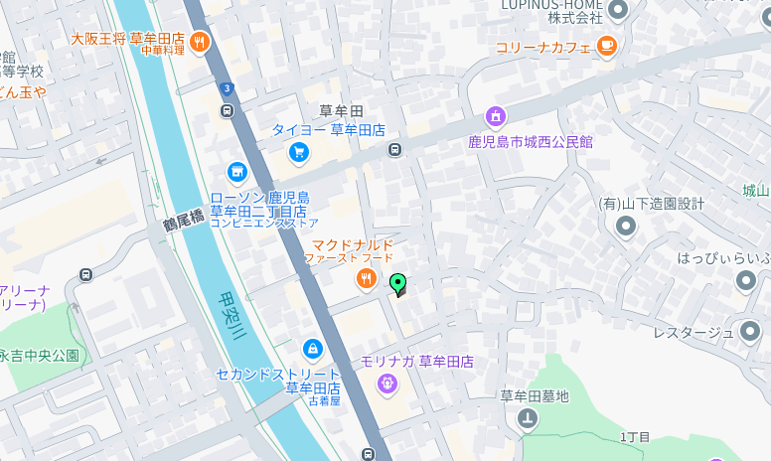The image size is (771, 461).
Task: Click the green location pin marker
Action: [x=398, y=284]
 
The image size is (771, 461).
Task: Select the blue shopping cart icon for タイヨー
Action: [x=298, y=152]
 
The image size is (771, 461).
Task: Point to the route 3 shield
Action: [x=228, y=89]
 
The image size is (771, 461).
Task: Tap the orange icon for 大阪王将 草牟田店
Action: [x=201, y=41]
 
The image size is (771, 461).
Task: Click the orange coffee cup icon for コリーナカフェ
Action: [x=607, y=45]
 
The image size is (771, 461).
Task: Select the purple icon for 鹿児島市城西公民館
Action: [x=496, y=118]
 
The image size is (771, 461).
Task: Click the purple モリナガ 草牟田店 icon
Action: [x=386, y=383]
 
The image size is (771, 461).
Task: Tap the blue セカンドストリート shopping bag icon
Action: [x=313, y=349]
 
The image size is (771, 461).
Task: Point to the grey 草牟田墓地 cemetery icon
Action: [x=528, y=419]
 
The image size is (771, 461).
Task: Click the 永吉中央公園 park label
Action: [x=39, y=356]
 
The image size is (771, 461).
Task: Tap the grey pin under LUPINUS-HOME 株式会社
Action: [x=618, y=11]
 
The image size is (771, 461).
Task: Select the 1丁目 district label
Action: [x=635, y=437]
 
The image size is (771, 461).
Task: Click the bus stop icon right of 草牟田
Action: [x=395, y=150]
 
